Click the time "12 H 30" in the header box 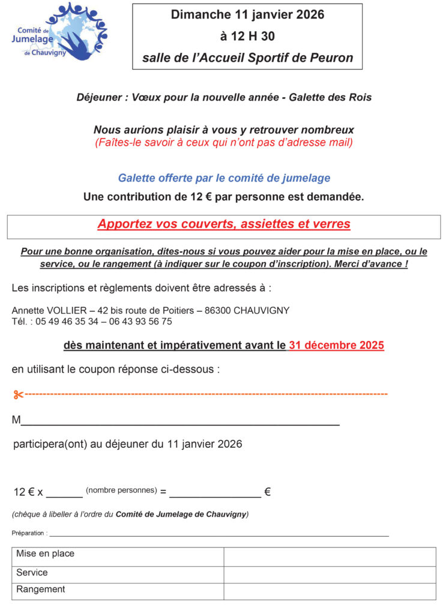point(247,37)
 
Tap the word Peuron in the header point(331,58)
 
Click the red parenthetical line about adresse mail point(223,143)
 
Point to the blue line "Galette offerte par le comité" point(224,178)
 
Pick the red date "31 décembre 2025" point(336,345)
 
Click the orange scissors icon point(17,395)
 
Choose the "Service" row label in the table point(32,573)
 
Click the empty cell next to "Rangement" point(330,591)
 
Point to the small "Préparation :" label point(29,533)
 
